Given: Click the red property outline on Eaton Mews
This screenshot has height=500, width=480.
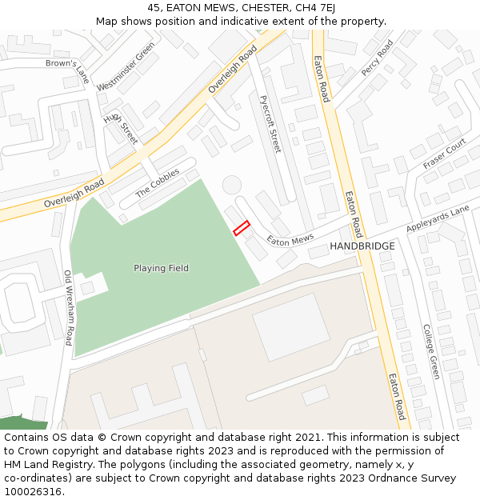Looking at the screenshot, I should pyautogui.click(x=242, y=228).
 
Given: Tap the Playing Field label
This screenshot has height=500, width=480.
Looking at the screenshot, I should pyautogui.click(x=161, y=269).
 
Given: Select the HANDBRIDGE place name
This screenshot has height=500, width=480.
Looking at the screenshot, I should pyautogui.click(x=362, y=246).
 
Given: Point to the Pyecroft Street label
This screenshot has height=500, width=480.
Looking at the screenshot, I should pyautogui.click(x=270, y=124).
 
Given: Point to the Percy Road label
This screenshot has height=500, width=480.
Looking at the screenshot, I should pyautogui.click(x=377, y=58).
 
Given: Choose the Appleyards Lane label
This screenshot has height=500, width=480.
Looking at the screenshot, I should pyautogui.click(x=438, y=218).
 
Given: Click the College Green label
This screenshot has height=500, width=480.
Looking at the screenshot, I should pyautogui.click(x=431, y=351).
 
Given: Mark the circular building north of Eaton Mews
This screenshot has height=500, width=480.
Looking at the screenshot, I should pyautogui.click(x=231, y=185).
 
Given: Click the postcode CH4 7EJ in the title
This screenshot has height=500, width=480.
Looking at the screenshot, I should pyautogui.click(x=314, y=8).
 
